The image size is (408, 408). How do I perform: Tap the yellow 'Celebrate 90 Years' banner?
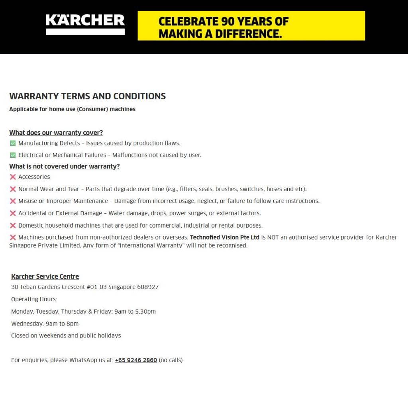point(251,26)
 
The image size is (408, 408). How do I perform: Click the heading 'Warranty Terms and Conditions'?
point(87,96)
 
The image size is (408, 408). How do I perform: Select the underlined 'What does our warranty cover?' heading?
point(56,133)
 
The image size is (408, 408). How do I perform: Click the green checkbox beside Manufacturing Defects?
point(13,143)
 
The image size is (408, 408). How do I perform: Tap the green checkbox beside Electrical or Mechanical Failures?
point(13,155)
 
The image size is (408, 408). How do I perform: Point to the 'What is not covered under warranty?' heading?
point(64,166)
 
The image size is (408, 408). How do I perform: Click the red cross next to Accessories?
point(13,177)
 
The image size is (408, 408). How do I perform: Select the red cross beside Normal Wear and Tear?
point(13,189)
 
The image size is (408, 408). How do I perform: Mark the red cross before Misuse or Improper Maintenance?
point(13,201)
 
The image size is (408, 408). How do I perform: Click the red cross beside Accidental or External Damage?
point(13,213)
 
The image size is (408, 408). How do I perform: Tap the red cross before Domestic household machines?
point(13,226)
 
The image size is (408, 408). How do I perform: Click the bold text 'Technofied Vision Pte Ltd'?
point(225,237)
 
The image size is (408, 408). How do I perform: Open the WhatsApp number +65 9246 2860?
point(136,360)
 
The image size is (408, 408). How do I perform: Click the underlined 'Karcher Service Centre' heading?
point(45,277)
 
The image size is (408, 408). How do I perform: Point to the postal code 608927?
point(148,287)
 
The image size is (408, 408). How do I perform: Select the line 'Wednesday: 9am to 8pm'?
point(45,324)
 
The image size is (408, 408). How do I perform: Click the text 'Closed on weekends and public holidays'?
point(66,335)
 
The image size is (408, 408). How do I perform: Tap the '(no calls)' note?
point(171,360)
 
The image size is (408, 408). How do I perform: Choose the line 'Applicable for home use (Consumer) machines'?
point(72,109)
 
